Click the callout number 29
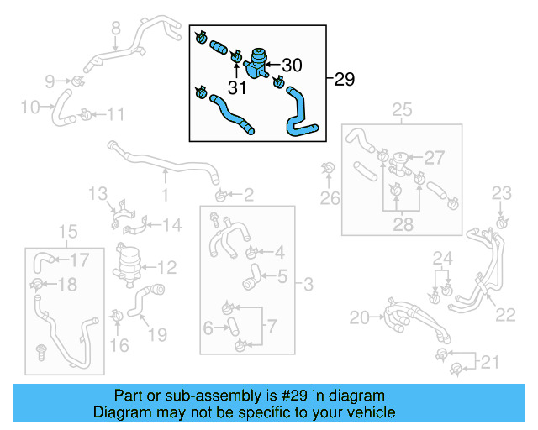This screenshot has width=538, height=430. click(x=344, y=80)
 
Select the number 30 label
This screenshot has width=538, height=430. click(x=291, y=65)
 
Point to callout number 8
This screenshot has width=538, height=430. click(x=116, y=27)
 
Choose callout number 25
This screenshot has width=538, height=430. click(x=402, y=109)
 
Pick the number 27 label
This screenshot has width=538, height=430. click(x=434, y=157)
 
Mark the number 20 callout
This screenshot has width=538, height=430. click(x=360, y=317)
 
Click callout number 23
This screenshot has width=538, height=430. click(x=501, y=193)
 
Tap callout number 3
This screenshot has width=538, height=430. click(x=308, y=286)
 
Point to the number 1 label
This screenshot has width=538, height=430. click(x=165, y=196)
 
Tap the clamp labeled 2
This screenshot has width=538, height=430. click(x=220, y=197)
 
